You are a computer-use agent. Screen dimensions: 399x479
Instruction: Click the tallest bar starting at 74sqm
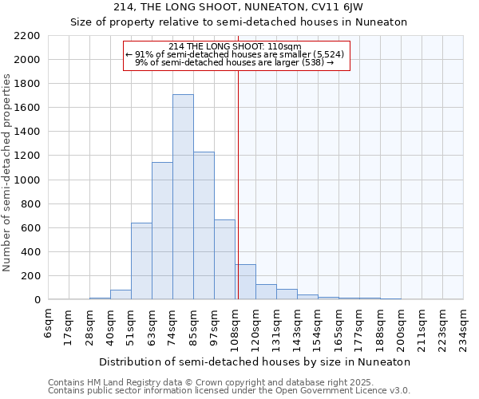click(x=183, y=197)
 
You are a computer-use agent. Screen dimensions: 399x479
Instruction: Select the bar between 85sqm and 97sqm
click(x=204, y=226)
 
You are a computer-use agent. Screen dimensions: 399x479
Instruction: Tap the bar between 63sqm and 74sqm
click(x=162, y=231)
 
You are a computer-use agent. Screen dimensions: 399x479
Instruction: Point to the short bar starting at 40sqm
click(x=121, y=294)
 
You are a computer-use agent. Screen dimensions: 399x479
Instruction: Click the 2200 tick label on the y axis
click(x=27, y=36)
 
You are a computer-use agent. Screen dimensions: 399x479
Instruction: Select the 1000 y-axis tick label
click(x=27, y=180)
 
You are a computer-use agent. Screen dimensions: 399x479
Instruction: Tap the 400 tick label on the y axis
click(x=30, y=252)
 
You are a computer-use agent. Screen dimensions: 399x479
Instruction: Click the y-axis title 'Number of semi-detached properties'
click(x=8, y=172)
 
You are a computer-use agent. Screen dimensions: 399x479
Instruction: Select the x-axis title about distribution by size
click(x=255, y=361)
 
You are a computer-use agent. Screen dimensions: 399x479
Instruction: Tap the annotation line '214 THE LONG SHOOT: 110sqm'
click(x=236, y=46)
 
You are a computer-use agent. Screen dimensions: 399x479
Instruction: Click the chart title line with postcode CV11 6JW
click(x=239, y=7)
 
